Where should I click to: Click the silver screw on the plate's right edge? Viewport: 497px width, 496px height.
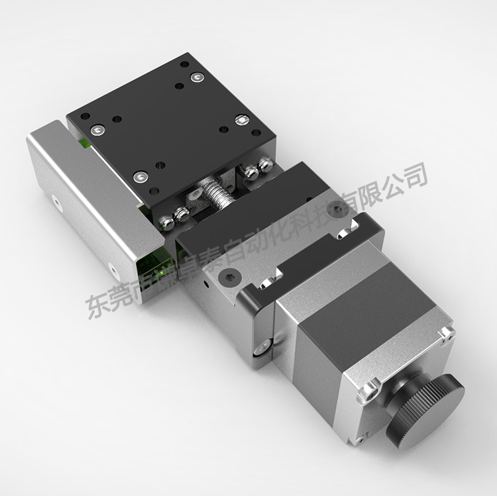click(242, 121)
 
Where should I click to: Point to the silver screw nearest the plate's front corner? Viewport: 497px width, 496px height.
click(140, 177)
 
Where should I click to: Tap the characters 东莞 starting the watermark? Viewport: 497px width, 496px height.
click(109, 298)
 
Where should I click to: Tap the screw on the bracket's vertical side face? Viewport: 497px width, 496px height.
click(262, 346)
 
